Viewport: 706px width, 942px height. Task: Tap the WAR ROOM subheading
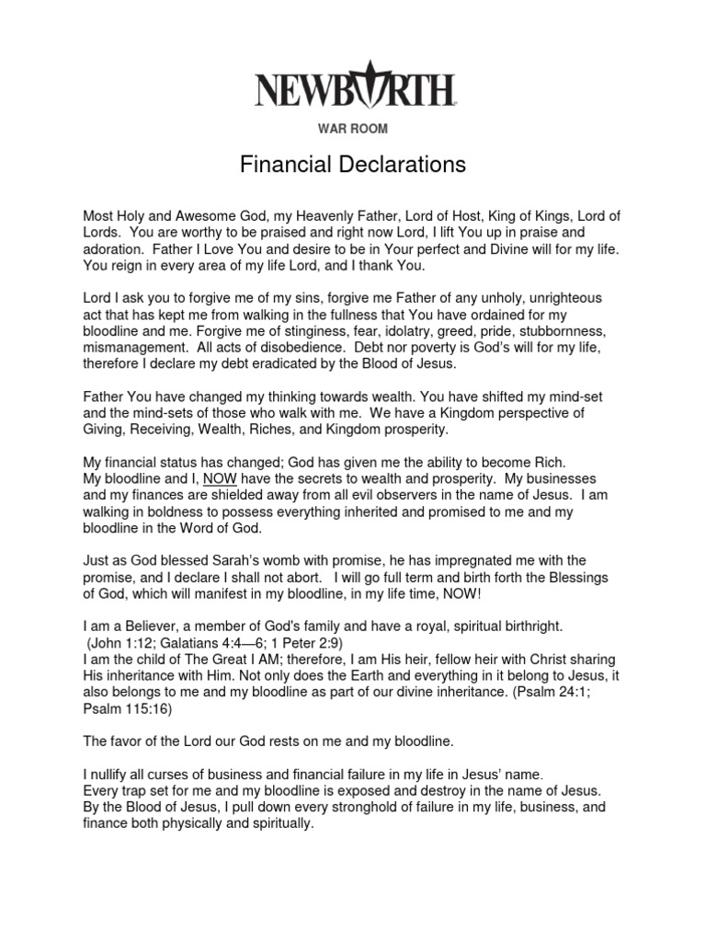pyautogui.click(x=353, y=130)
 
